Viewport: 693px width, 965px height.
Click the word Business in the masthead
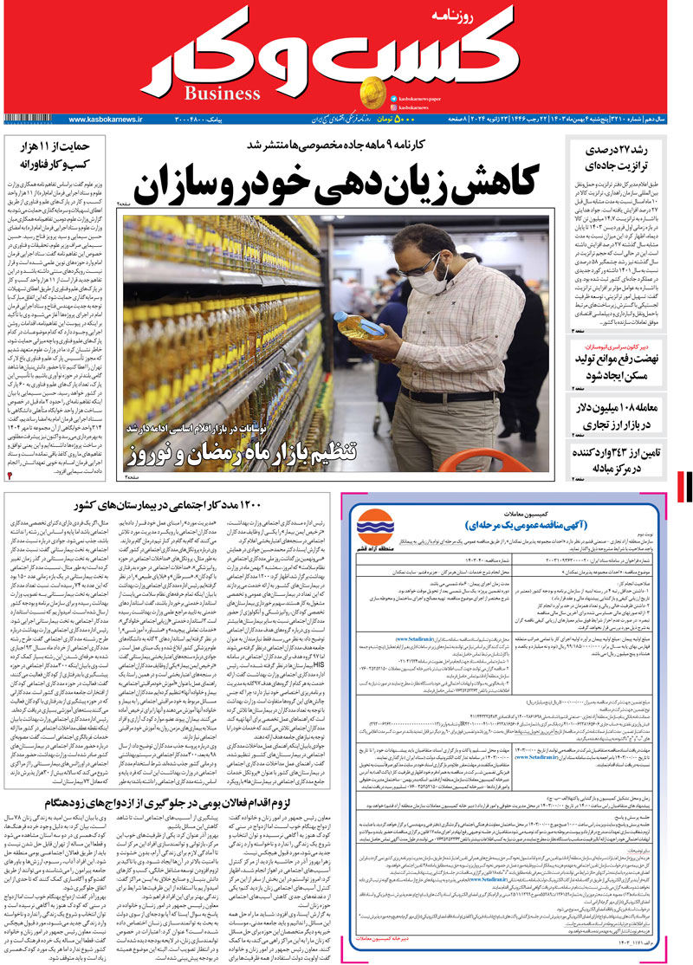(x=223, y=93)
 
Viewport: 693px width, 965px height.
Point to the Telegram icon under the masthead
(x=393, y=98)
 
